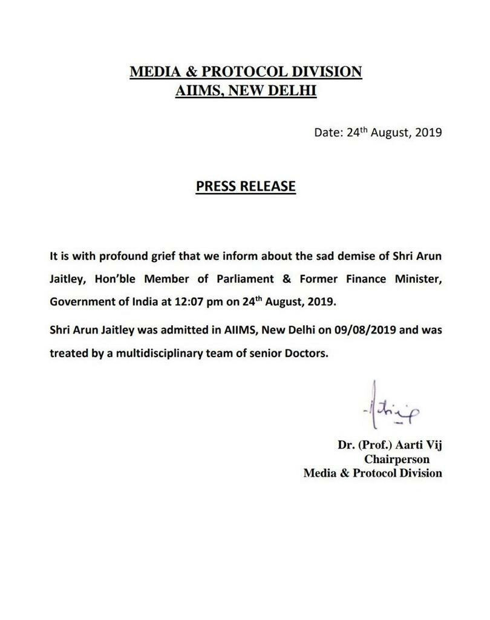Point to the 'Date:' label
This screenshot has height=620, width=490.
coord(328,132)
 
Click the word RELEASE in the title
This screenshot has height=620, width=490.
coord(269,186)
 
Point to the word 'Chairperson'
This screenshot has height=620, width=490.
coord(396,459)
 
